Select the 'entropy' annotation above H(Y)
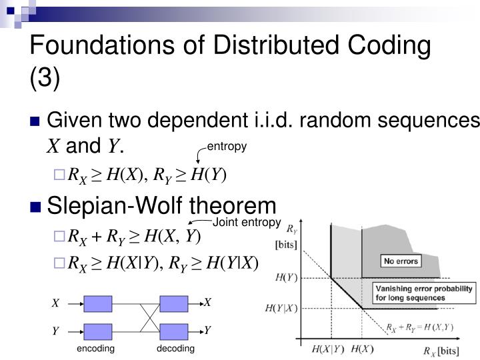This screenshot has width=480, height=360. [x=227, y=147]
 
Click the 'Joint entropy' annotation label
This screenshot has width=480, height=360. [x=246, y=223]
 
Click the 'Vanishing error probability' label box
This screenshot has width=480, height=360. [x=423, y=293]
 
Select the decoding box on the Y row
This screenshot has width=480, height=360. [x=174, y=331]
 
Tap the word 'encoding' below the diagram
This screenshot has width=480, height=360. [x=95, y=349]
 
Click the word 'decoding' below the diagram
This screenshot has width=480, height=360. [x=175, y=349]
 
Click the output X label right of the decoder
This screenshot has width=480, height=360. [x=207, y=303]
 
